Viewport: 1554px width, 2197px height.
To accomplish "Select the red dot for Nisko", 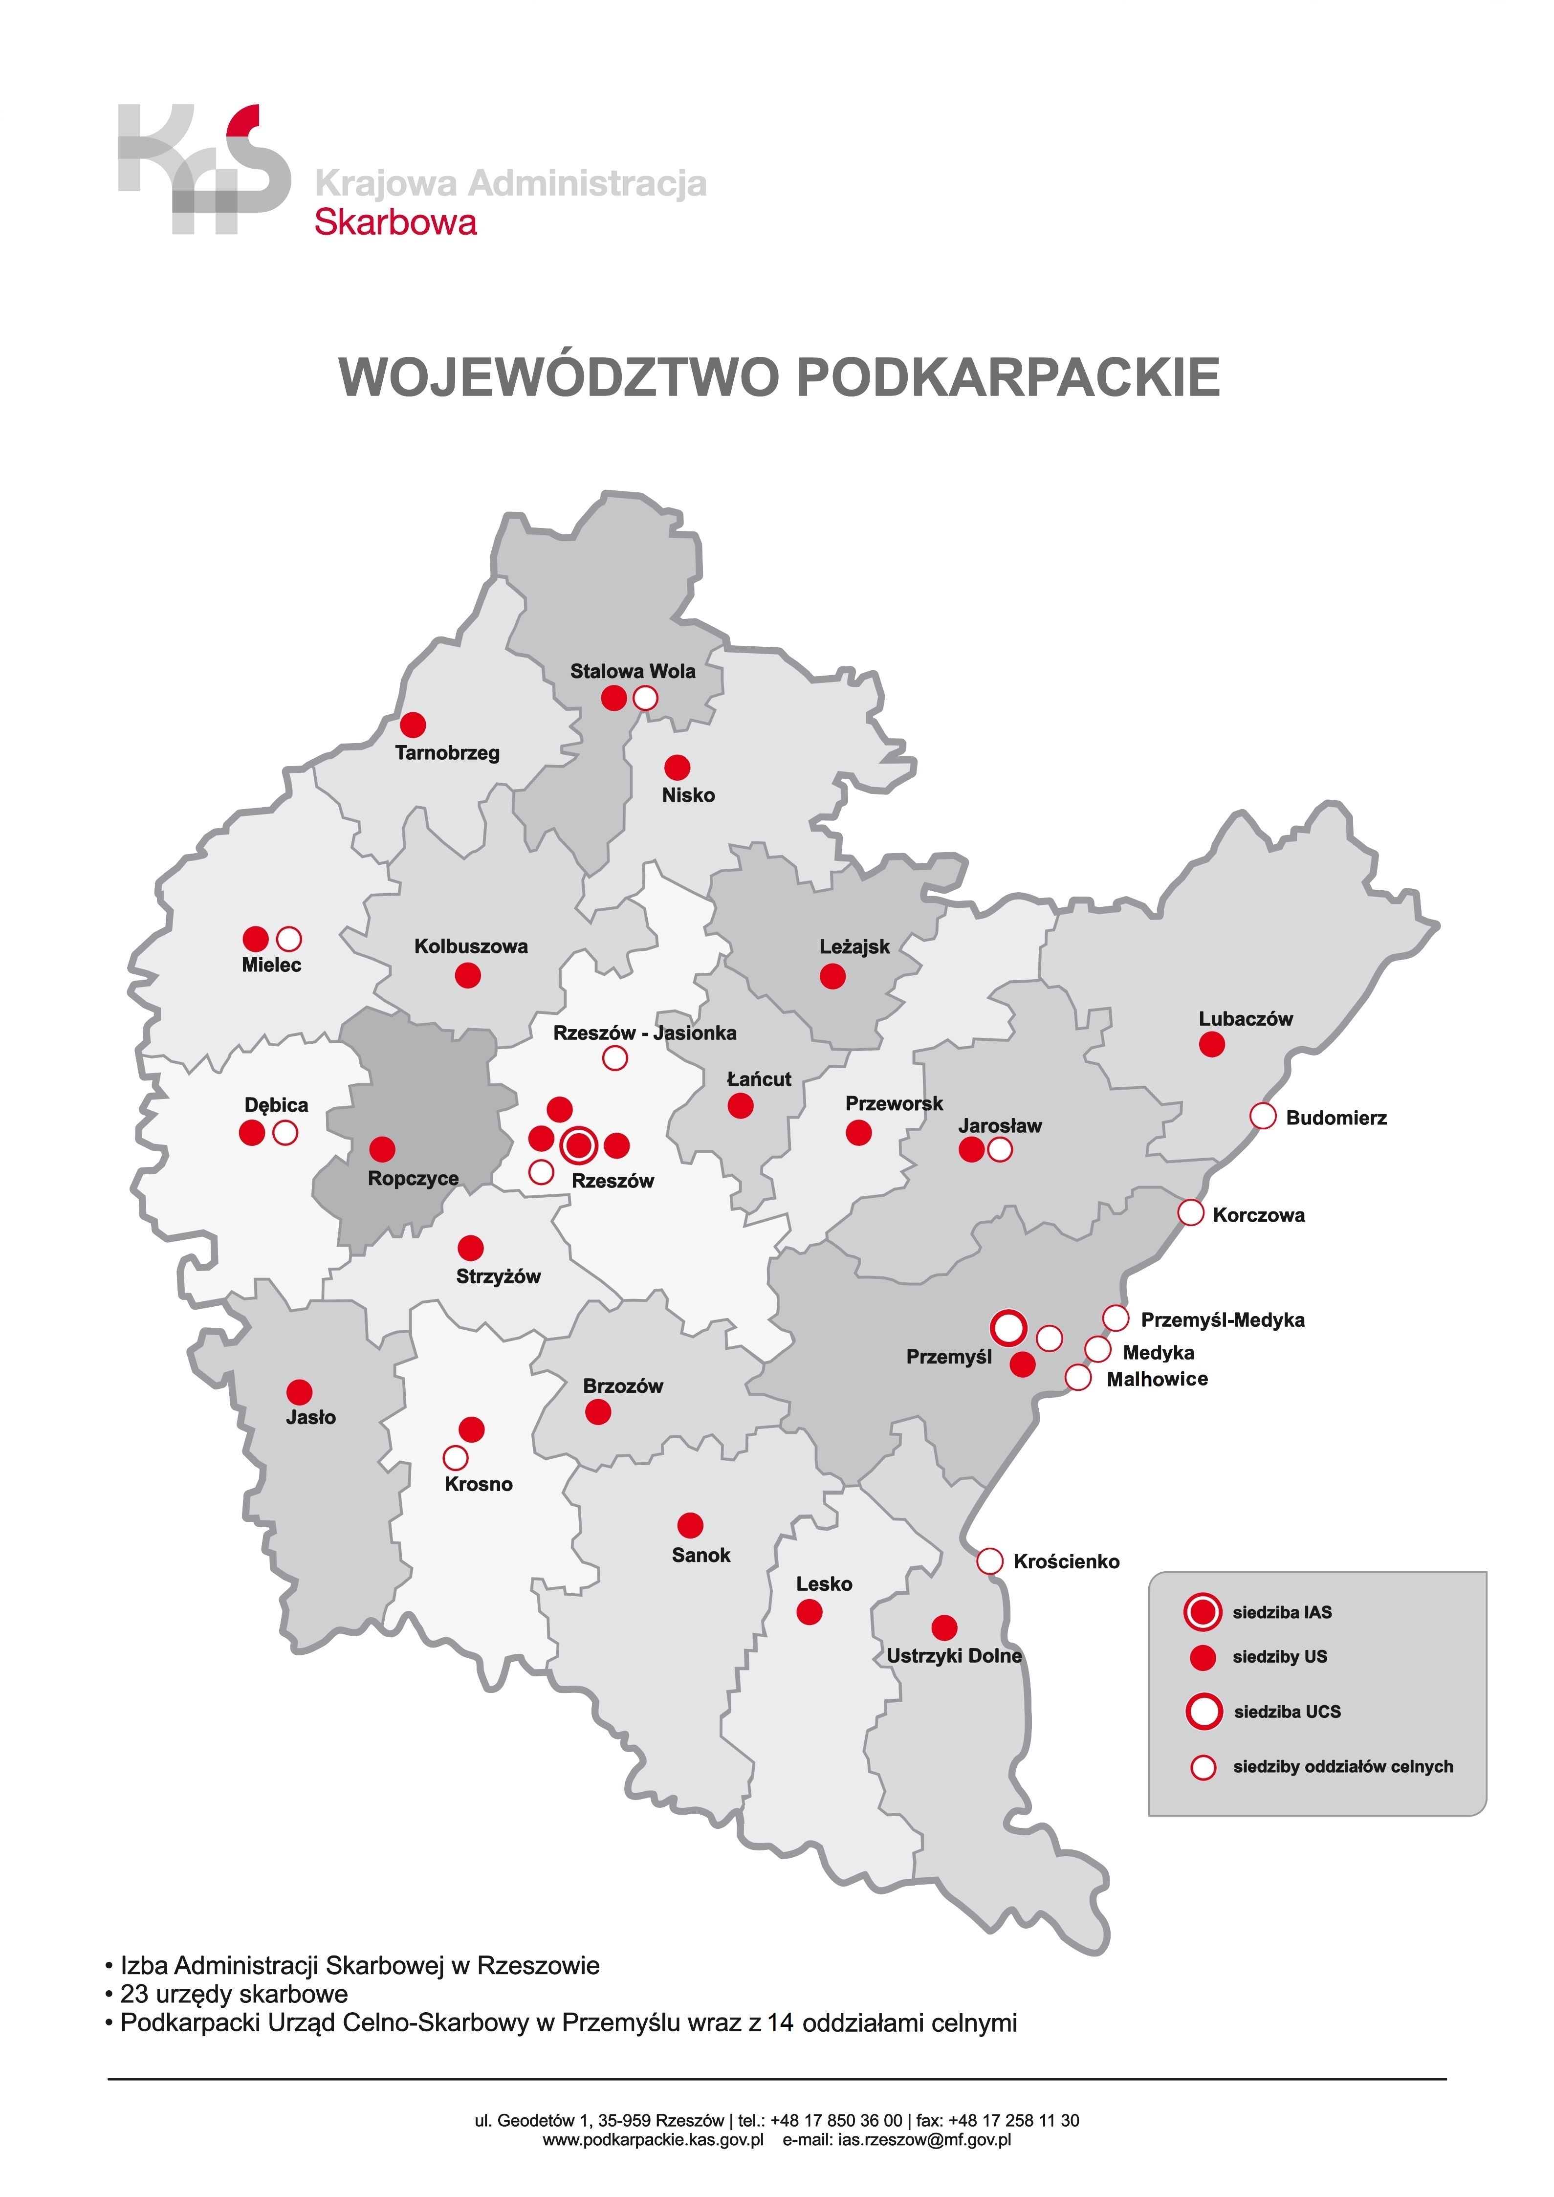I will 678,768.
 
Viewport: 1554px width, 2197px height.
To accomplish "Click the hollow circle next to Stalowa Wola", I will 646,699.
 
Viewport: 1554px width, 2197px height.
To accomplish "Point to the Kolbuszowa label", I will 471,946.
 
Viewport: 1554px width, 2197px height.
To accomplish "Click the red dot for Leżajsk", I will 832,976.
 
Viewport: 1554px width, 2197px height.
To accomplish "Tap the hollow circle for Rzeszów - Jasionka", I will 615,1058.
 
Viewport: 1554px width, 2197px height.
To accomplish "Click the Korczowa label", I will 1258,1215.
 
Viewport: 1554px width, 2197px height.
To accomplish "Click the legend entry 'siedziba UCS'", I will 1287,1712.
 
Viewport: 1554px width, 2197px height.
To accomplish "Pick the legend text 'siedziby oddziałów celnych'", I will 1342,1766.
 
